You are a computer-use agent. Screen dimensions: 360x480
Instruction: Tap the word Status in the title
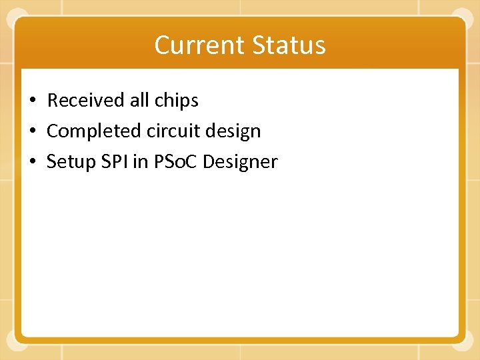289,45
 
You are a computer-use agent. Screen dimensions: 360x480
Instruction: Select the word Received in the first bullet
85,101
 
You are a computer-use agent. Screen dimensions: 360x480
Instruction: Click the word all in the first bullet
139,101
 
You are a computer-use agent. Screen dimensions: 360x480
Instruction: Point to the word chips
176,101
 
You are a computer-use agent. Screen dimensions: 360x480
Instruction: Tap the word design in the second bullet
233,131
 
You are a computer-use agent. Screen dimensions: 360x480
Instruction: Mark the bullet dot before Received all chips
32,101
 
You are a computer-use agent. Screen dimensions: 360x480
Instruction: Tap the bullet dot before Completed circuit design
32,132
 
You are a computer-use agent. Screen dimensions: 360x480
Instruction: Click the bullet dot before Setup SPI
32,163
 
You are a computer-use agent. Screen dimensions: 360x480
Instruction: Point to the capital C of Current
162,45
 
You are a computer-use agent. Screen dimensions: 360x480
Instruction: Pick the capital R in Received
53,101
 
